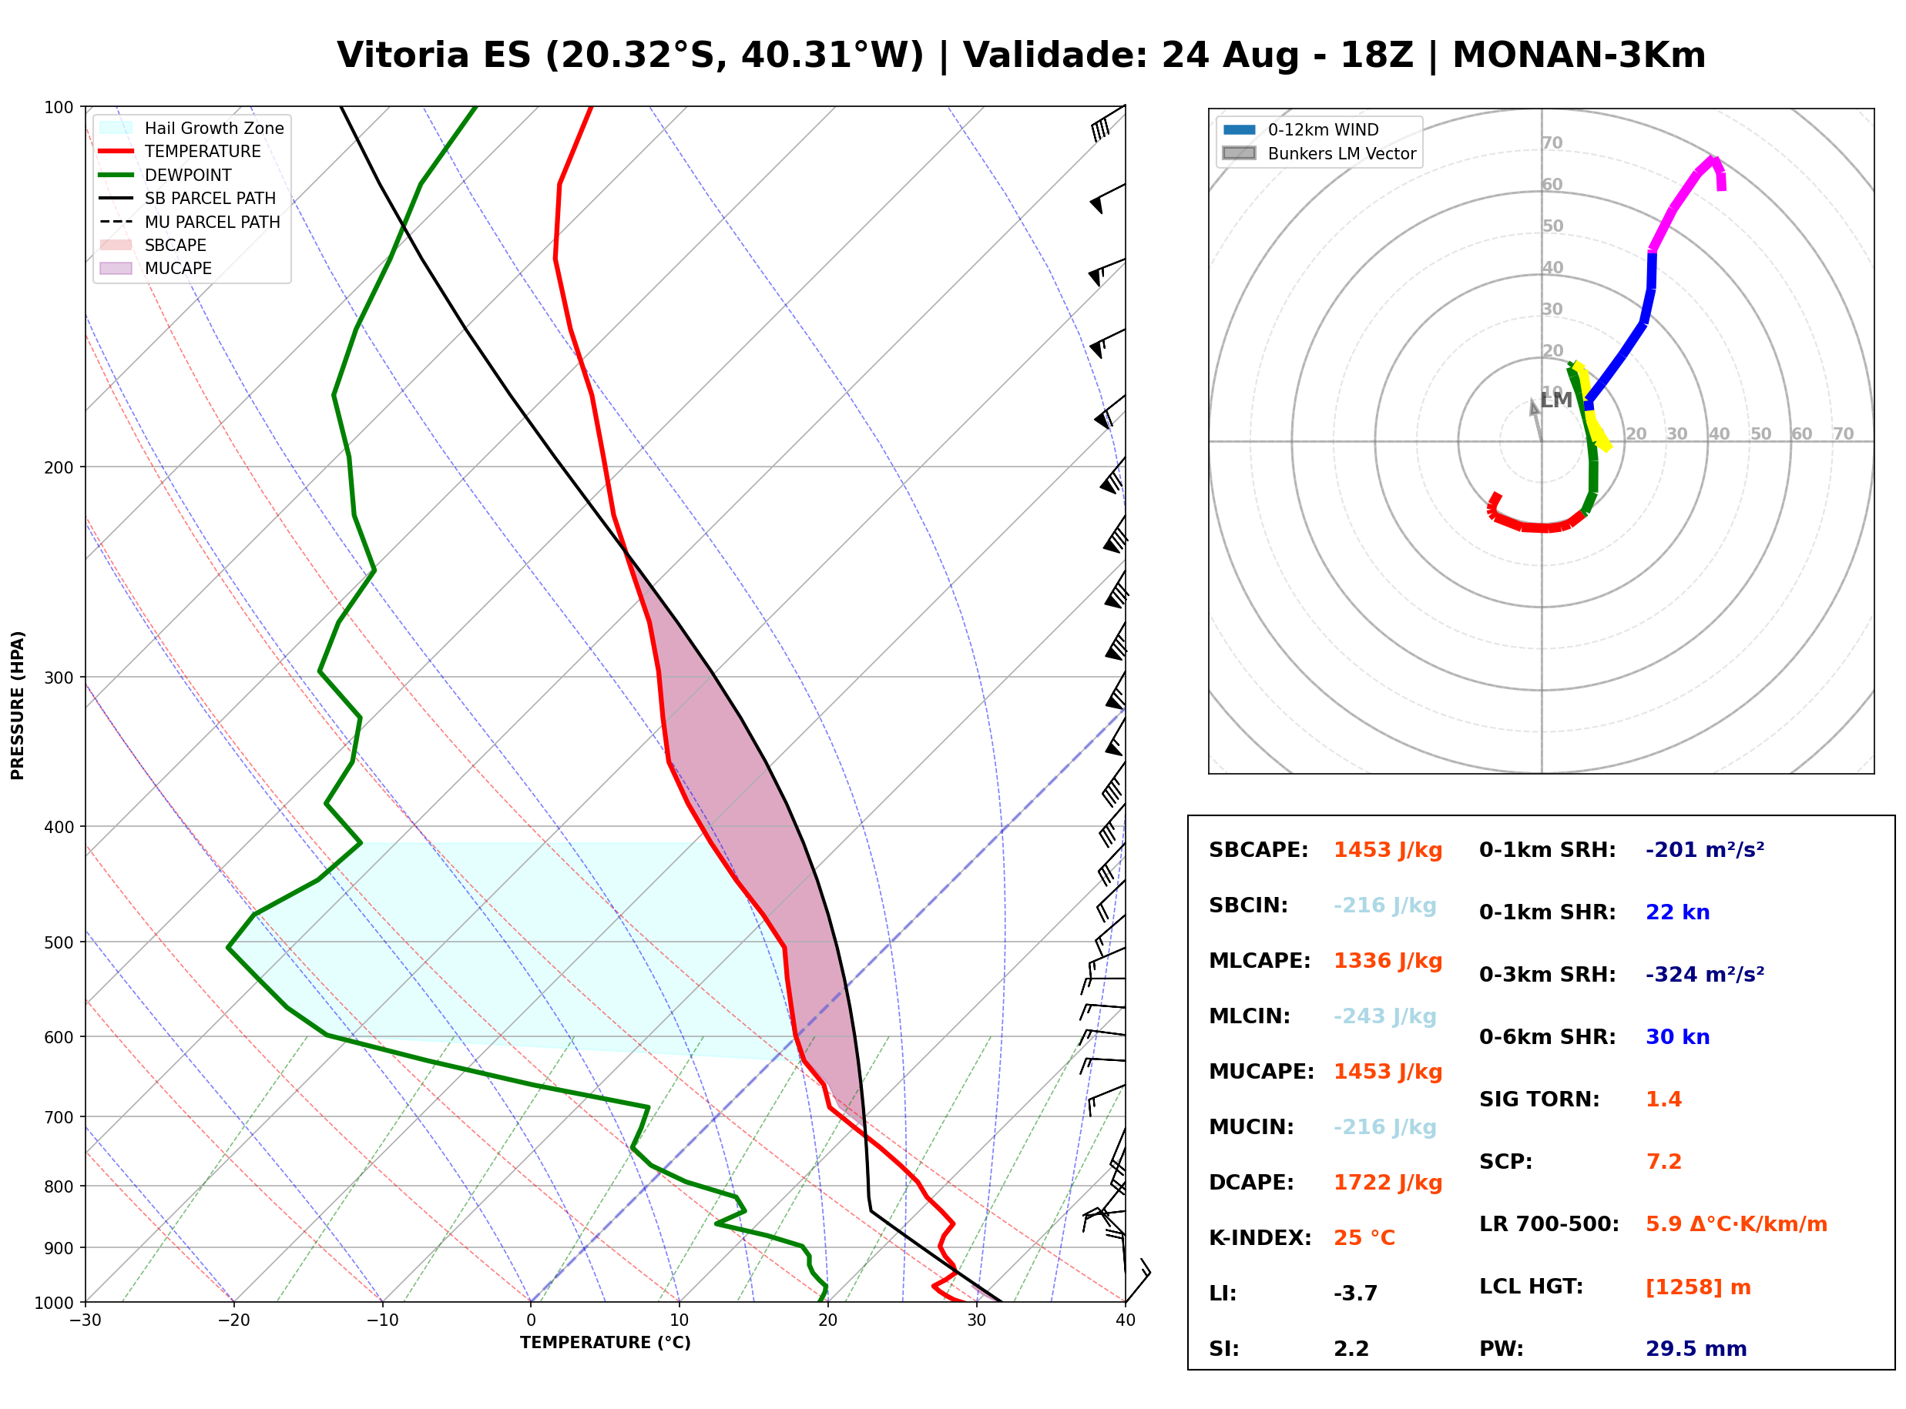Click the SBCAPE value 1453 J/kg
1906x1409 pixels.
pyautogui.click(x=1388, y=850)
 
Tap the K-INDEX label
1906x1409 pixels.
pyautogui.click(x=1260, y=1237)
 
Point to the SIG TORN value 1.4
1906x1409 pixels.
pyautogui.click(x=1663, y=1099)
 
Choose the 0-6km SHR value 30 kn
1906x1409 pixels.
pyautogui.click(x=1677, y=1037)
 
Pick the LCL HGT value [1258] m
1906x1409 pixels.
pyautogui.click(x=1698, y=1287)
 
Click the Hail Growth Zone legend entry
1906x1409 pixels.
pyautogui.click(x=192, y=128)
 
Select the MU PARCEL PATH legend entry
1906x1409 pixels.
pyautogui.click(x=190, y=222)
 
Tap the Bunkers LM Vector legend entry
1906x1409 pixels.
pyautogui.click(x=1319, y=153)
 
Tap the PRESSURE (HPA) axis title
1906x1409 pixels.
pyautogui.click(x=18, y=705)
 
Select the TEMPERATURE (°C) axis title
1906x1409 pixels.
pyautogui.click(x=605, y=1343)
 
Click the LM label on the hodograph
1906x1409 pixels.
pyautogui.click(x=1556, y=400)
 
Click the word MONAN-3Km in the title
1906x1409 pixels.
pyautogui.click(x=1579, y=55)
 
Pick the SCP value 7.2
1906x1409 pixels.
pyautogui.click(x=1663, y=1162)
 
